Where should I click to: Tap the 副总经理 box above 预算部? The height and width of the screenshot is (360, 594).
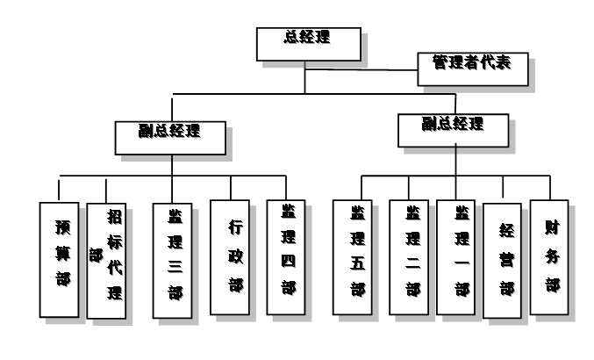tap(171, 134)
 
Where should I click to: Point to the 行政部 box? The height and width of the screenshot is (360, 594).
tap(232, 257)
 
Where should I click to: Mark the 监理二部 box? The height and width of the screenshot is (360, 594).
tap(411, 258)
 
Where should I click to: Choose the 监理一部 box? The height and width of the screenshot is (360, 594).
tap(459, 258)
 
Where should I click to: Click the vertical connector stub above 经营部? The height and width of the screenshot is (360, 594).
tap(503, 187)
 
